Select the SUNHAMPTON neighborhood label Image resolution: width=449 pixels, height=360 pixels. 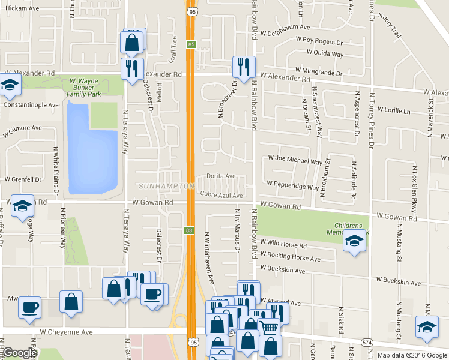click(x=166, y=187)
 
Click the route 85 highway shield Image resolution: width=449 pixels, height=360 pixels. click(x=191, y=44)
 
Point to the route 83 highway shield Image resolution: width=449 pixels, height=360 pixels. click(x=190, y=230)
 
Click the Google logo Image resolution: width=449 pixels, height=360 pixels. click(x=19, y=353)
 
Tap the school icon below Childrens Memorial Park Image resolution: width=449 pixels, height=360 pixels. click(x=354, y=241)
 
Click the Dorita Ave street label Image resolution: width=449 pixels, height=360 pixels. click(x=221, y=176)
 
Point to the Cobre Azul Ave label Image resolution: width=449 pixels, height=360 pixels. click(x=221, y=196)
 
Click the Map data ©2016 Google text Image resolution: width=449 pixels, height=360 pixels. click(x=412, y=355)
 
